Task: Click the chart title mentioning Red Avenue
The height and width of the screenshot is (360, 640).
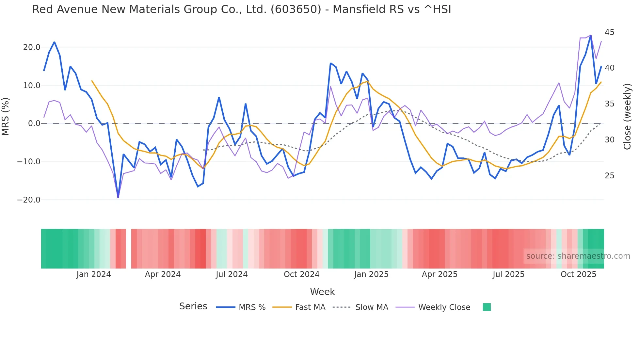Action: coord(241,9)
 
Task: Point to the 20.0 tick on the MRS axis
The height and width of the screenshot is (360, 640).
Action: coord(32,47)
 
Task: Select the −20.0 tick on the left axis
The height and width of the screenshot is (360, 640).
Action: coord(29,200)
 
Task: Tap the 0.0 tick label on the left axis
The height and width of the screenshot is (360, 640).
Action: coord(34,123)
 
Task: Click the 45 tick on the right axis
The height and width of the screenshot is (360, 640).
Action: coord(609,32)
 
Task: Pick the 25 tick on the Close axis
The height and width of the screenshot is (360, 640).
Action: coord(609,176)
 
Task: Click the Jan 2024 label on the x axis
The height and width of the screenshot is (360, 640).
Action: coord(94,274)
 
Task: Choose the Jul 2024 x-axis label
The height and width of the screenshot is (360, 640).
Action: coord(232,274)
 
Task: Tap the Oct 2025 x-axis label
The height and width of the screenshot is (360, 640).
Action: coord(578,274)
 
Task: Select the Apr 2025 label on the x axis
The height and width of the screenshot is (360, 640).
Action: coord(440,274)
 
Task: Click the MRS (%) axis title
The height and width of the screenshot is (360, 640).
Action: coord(6,116)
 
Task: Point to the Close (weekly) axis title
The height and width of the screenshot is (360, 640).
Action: coord(627,117)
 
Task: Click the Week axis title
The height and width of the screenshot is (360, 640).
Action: coord(322,292)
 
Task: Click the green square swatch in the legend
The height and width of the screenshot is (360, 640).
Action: coord(487,307)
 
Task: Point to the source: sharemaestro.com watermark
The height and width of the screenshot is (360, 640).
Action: coord(578,256)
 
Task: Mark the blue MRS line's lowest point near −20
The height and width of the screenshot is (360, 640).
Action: coord(118,197)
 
